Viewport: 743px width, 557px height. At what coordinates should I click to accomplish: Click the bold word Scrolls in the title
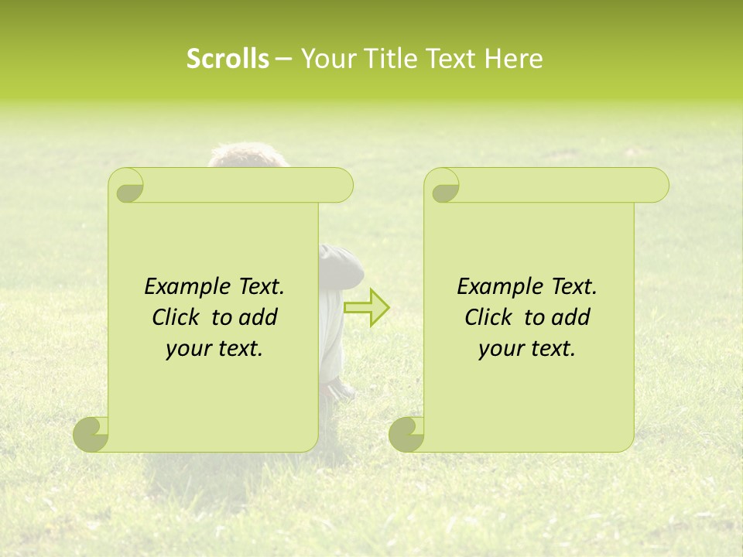coord(228,59)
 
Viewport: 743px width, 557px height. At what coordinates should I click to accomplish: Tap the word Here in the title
coord(514,59)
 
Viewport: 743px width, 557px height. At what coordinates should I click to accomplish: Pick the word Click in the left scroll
coord(176,318)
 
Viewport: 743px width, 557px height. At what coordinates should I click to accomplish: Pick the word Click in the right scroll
coord(488,318)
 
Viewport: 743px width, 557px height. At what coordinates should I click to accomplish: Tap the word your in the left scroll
coord(186,350)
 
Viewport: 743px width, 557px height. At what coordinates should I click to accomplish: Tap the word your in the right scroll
coord(498,350)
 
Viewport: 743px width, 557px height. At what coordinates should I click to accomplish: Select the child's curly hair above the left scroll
coord(248,154)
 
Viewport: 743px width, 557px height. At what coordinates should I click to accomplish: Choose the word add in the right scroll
coord(573,318)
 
